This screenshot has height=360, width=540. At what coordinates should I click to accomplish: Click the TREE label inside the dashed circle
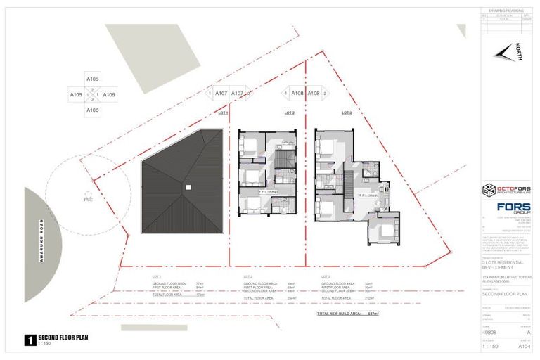pos(89,200)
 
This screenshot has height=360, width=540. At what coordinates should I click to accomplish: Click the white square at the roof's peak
pos(188,187)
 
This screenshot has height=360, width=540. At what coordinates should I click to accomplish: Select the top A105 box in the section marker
pos(92,79)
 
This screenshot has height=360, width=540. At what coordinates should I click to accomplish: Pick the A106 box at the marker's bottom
pos(92,110)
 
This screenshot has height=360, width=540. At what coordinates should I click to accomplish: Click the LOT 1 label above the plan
pos(224,112)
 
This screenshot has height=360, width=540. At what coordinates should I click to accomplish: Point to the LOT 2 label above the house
pos(289,112)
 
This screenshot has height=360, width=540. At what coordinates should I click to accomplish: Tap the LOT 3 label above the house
pos(346,112)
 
